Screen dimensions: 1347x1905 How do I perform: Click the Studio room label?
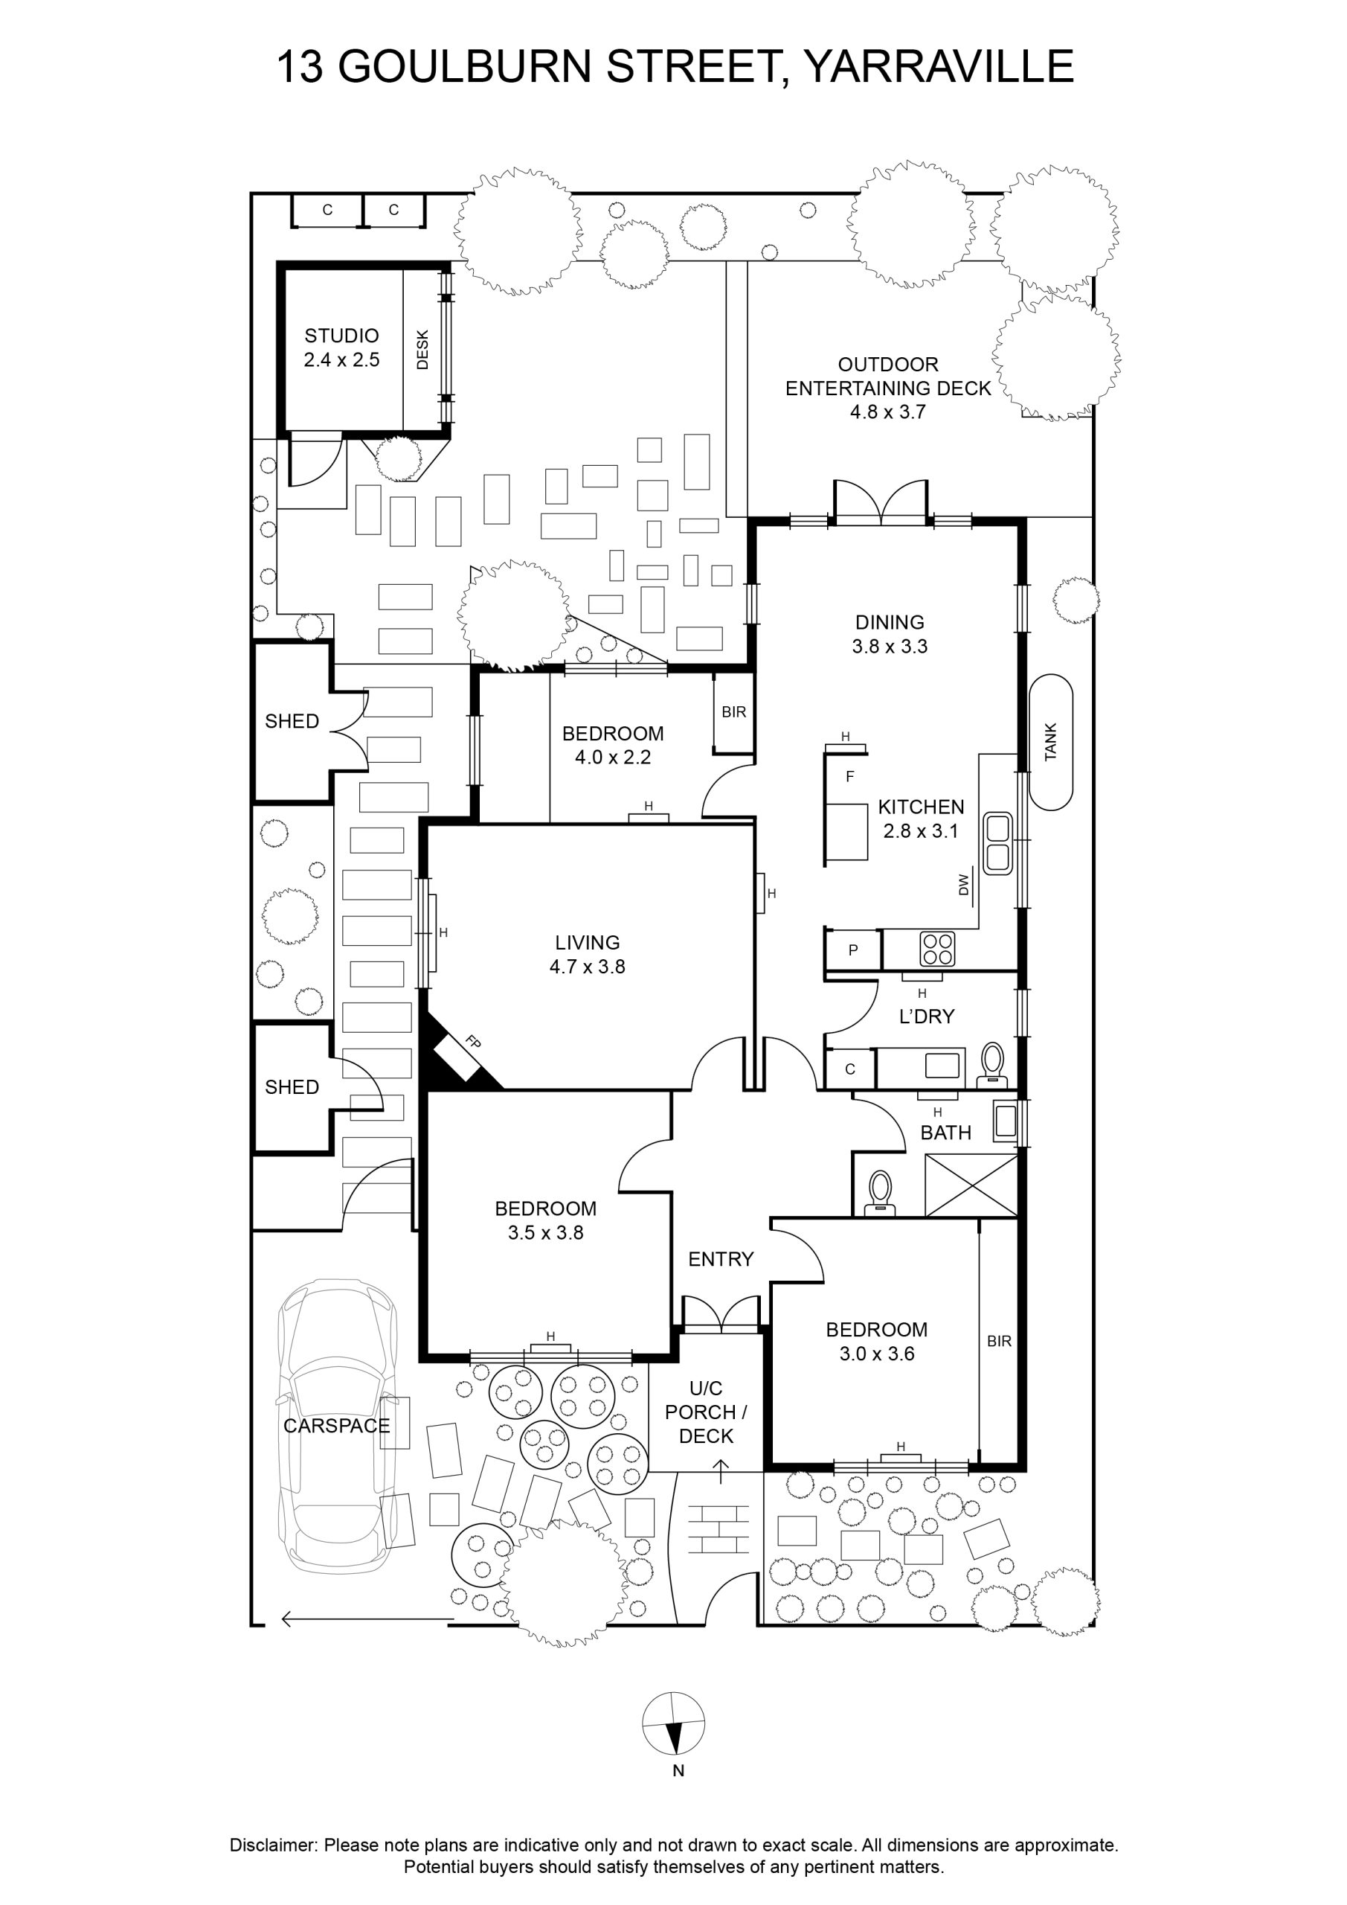341,336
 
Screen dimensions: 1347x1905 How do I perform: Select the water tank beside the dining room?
1051,743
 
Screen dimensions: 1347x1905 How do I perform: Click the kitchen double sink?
998,843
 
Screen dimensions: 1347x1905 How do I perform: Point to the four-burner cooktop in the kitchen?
938,950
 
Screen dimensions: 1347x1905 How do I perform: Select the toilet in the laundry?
992,1066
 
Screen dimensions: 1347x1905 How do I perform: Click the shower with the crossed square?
971,1186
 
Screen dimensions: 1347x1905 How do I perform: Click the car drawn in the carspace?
338,1424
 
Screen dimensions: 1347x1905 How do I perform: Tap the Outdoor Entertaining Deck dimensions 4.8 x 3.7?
887,412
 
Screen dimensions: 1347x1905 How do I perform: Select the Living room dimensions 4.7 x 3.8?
588,967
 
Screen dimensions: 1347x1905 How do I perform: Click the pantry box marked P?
852,950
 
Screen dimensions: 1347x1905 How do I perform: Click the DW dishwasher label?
963,885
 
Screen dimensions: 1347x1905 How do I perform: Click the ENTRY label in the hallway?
721,1260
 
